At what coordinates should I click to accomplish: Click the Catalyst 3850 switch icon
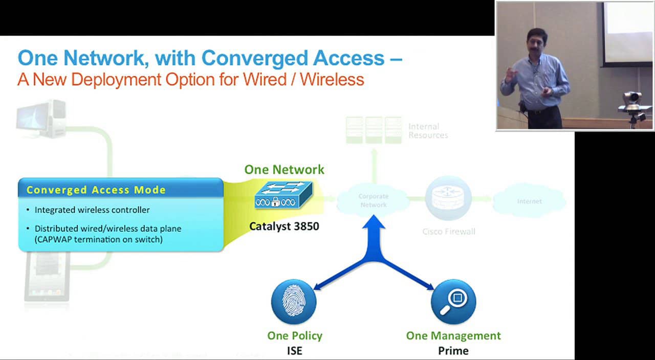click(x=283, y=195)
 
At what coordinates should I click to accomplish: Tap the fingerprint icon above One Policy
click(x=294, y=302)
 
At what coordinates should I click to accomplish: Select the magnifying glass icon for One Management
click(x=453, y=302)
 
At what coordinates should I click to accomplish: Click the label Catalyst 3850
click(x=284, y=226)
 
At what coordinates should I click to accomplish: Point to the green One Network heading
click(x=284, y=170)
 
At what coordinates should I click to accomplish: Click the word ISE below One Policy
click(x=295, y=351)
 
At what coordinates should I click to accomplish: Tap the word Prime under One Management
click(x=453, y=351)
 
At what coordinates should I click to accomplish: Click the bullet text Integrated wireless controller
click(x=92, y=210)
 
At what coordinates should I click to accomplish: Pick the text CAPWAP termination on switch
click(x=99, y=239)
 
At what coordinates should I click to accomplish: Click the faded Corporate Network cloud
click(x=374, y=200)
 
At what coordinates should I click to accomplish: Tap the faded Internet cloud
click(x=529, y=201)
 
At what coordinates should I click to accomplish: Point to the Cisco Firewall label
click(x=449, y=232)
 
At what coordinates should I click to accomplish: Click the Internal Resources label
click(x=428, y=131)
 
